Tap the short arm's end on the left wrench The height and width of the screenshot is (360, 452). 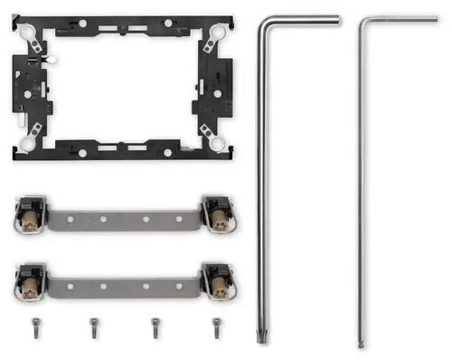coord(338,17)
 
